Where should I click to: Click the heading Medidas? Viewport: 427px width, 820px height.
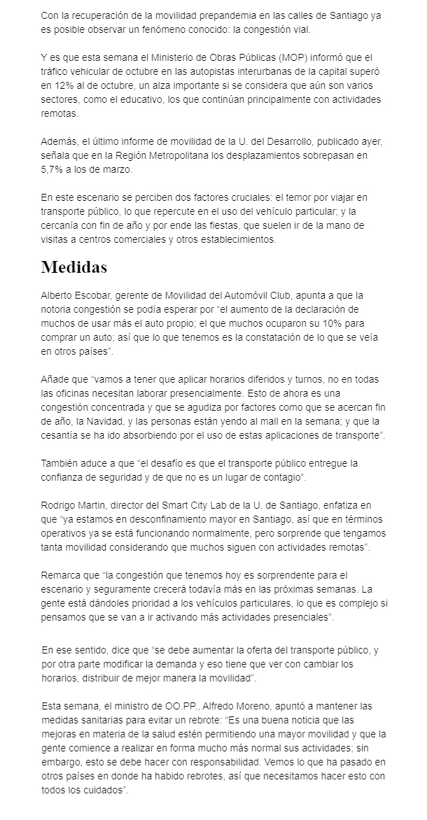[74, 267]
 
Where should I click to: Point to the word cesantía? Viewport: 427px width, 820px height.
[64, 436]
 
